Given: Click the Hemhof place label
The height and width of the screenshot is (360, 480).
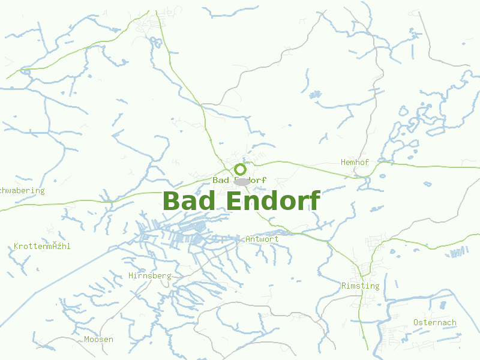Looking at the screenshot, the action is tap(355, 163).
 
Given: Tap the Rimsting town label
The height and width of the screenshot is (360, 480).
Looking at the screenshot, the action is tap(360, 286).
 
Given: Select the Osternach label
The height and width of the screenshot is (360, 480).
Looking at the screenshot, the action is tap(435, 323).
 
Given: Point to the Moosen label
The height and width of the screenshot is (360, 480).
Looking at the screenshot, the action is tap(98, 340).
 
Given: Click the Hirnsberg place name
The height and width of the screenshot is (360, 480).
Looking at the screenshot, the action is tap(150, 276).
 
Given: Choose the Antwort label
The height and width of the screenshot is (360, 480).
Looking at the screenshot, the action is tap(262, 239).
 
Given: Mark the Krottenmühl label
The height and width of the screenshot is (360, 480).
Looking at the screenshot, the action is tap(42, 247).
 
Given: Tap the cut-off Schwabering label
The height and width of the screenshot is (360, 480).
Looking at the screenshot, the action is tap(22, 191).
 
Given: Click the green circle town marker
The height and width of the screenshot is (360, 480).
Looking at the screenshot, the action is tap(241, 169).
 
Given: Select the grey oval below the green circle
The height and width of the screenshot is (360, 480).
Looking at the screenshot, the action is tap(242, 181).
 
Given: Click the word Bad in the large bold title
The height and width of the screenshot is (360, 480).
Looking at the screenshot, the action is tap(188, 201).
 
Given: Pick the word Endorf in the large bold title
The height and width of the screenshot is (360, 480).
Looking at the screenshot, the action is tap(273, 201).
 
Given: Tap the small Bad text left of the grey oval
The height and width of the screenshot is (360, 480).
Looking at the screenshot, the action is tap(221, 180).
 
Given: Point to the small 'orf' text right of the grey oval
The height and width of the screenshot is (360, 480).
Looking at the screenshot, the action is tap(258, 180).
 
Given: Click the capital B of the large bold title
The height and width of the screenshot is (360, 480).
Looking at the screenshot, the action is tap(171, 201).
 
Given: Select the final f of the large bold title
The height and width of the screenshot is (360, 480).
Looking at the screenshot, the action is tap(314, 201).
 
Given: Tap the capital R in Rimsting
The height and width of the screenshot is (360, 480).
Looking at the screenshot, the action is tap(344, 286).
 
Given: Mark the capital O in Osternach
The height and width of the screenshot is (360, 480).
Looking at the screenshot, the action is tap(416, 323).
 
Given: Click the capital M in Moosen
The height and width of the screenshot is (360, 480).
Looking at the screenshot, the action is tap(87, 340).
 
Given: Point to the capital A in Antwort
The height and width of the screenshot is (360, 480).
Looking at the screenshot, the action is tap(248, 239).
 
